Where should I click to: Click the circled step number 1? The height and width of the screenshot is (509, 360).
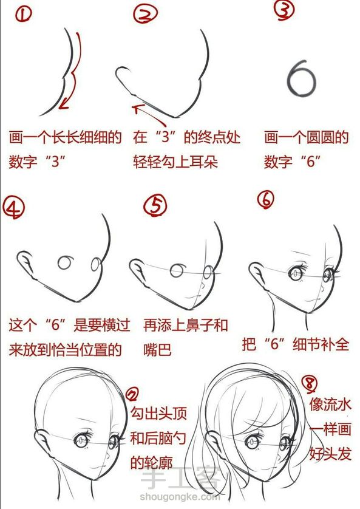click(24, 15)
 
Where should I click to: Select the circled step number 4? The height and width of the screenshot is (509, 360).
click(13, 208)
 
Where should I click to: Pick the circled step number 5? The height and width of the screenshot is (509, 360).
click(155, 205)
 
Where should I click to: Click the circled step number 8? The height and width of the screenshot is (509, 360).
click(310, 383)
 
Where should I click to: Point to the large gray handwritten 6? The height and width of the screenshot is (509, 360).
click(301, 78)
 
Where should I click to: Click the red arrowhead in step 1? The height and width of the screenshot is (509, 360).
click(64, 104)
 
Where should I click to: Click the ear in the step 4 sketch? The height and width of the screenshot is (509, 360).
click(26, 264)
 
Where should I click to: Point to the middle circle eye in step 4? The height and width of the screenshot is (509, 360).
click(65, 262)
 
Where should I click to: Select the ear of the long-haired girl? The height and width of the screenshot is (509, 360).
click(214, 444)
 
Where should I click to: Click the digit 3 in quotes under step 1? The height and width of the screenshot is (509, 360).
click(56, 162)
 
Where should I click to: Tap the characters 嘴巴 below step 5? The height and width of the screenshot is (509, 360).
click(157, 350)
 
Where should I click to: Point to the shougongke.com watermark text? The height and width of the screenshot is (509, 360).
click(180, 496)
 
